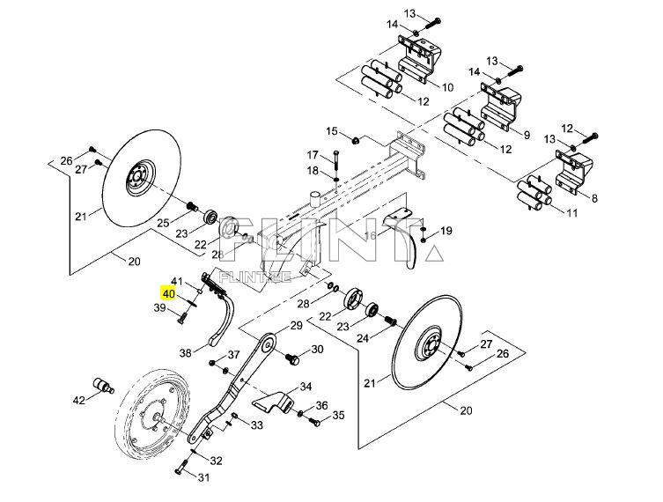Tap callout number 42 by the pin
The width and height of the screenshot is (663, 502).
tap(79, 401)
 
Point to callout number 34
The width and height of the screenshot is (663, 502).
tap(306, 387)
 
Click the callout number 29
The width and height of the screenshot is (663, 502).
tap(296, 326)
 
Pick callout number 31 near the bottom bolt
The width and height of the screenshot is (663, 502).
tap(203, 478)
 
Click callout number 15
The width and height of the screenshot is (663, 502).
tap(332, 131)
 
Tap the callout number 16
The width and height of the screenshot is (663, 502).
tap(371, 236)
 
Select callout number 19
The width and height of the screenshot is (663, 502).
tap(446, 230)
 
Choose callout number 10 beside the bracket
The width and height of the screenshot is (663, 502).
tap(447, 87)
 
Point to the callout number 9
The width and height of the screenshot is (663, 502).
tap(527, 136)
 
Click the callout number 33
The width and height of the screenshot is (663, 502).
tap(256, 425)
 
